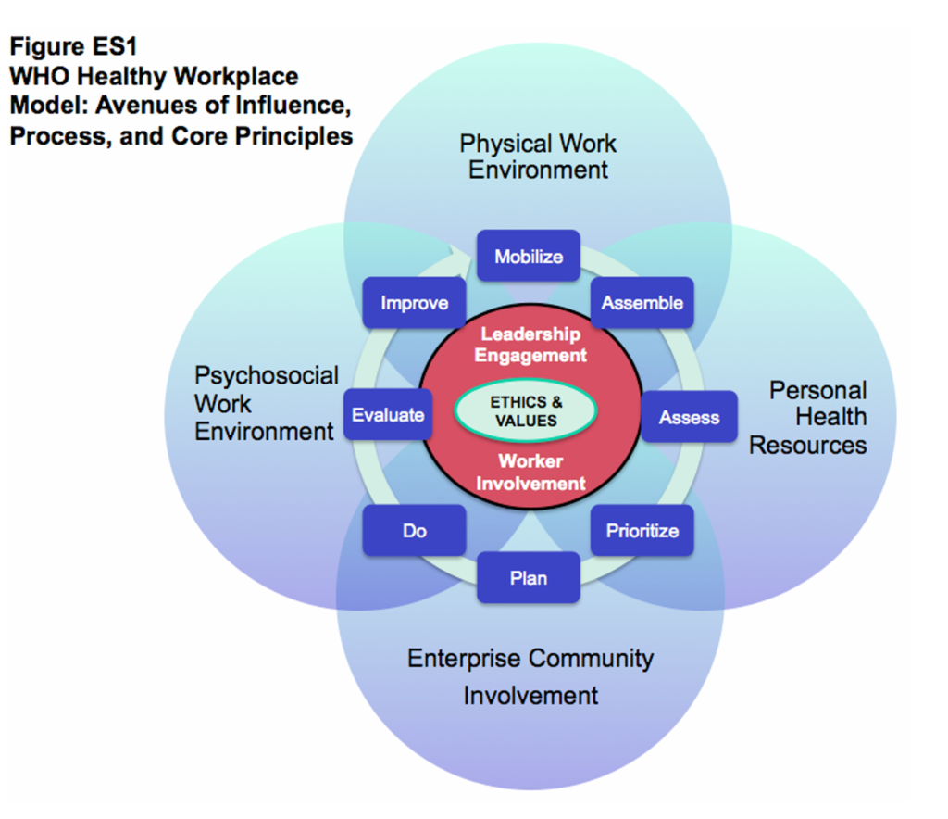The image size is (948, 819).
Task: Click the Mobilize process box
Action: [528, 256]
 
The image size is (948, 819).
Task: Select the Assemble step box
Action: [642, 302]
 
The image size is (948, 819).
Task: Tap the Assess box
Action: [689, 417]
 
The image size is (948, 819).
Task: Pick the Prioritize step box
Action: [642, 531]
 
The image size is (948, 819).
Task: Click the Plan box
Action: [528, 578]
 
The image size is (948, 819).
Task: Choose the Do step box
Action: [414, 531]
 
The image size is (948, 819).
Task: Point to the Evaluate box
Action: [388, 415]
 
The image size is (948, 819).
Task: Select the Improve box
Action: [414, 302]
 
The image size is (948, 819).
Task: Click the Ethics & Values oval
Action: [526, 411]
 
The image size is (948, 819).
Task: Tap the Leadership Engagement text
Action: [530, 345]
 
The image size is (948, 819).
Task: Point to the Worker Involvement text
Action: [530, 472]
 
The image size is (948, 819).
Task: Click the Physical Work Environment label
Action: [538, 157]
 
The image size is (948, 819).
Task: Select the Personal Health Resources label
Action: [808, 417]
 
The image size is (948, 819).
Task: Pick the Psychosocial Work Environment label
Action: [266, 403]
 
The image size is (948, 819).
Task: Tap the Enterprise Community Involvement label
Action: [530, 676]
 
